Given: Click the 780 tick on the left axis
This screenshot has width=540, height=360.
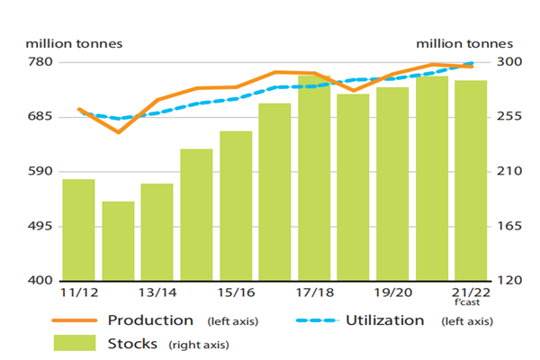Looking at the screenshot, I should [41, 62].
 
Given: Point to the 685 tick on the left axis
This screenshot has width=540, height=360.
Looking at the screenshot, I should [41, 117].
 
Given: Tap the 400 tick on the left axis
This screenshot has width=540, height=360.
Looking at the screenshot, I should [41, 281].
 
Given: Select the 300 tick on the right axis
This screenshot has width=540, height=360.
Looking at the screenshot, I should [509, 62].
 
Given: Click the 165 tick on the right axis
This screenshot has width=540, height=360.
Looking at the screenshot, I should [509, 226].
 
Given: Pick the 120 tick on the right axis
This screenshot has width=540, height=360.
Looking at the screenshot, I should [509, 281].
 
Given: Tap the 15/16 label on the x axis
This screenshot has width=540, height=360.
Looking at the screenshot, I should [235, 293].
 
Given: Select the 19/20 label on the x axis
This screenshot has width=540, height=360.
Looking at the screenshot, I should [392, 293].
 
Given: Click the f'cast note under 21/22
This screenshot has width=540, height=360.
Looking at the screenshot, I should [471, 303].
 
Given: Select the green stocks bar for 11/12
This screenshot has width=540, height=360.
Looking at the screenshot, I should [78, 229].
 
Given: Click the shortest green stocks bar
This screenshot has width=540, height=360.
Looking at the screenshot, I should [118, 240].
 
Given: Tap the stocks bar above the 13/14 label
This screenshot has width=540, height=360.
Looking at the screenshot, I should [157, 231].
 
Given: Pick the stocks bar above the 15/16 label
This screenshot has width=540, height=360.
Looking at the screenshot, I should [236, 205].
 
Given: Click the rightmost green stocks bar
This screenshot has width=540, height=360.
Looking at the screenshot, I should [471, 180].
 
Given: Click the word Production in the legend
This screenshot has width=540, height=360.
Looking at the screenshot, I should [150, 320].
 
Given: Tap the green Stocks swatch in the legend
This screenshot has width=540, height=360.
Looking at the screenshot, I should [76, 343].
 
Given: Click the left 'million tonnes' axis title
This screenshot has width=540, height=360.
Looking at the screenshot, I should [75, 43].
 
